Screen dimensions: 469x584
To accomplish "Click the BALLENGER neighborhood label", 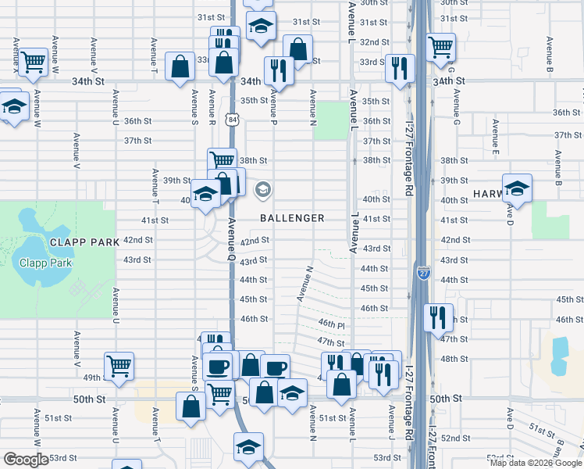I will pos(292,218).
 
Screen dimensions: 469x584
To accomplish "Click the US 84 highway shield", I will pos(234,119).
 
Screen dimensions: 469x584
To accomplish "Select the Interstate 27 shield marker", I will pos(423,272).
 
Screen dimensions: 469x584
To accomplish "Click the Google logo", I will pos(25,460).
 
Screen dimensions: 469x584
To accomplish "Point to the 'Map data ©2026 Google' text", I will pos(535,463).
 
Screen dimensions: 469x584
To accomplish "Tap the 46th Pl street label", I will pos(331,324).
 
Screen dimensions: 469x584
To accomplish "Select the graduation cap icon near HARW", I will pos(517,188).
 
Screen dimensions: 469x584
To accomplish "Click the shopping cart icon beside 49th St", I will pos(119,365).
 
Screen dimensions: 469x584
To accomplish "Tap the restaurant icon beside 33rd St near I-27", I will pos(399,67).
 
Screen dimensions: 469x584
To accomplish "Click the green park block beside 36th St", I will pos(331,120).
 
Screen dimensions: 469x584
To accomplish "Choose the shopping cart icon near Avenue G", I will pos(440,45).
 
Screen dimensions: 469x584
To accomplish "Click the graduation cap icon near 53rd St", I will pos(248,447).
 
